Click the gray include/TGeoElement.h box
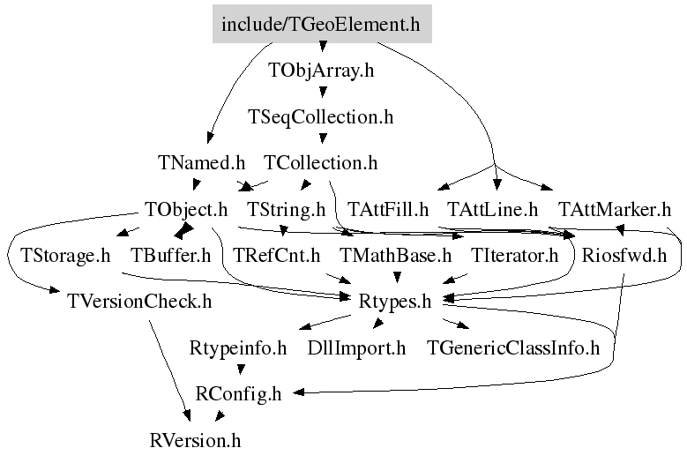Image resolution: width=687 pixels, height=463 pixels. click(321, 24)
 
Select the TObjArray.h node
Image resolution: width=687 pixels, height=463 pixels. click(321, 71)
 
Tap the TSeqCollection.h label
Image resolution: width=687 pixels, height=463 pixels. click(321, 116)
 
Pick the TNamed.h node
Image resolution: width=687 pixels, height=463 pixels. click(202, 163)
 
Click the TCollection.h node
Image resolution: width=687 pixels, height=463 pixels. click(321, 163)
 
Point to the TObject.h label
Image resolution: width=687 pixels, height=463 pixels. click(186, 210)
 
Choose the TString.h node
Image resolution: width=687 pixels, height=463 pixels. click(287, 210)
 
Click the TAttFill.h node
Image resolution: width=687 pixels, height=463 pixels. click(388, 210)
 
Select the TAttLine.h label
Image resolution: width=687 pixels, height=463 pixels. click(493, 210)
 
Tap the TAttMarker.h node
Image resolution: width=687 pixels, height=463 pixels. click(615, 210)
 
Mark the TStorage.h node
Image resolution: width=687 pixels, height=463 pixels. click(60, 257)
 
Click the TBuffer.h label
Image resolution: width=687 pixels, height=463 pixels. click(171, 257)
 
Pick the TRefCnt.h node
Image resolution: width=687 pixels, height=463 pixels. click(277, 257)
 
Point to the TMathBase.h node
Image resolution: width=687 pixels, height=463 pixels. click(396, 257)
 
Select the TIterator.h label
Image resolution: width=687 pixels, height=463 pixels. click(515, 257)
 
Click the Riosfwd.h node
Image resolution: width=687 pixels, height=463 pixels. click(624, 257)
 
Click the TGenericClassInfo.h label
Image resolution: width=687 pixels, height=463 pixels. click(512, 348)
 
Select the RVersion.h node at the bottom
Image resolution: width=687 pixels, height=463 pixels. click(195, 439)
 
